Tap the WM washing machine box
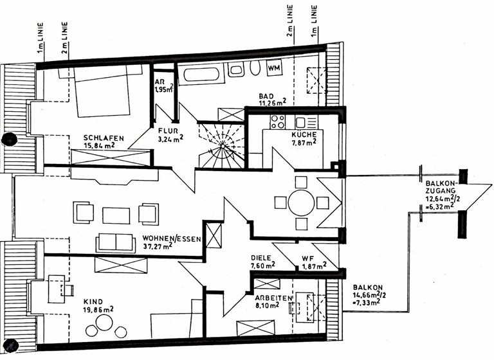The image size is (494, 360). pos(275,67)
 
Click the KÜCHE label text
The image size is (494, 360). pos(303,134)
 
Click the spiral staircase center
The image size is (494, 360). pos(222,147)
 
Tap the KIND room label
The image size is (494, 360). pos(94,300)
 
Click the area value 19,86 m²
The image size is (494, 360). pos(98,309)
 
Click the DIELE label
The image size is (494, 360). pos(263,256)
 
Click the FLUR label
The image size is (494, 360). pos(169,130)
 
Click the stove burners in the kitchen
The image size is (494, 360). pos(278,122)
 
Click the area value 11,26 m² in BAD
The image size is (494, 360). pos(273,102)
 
